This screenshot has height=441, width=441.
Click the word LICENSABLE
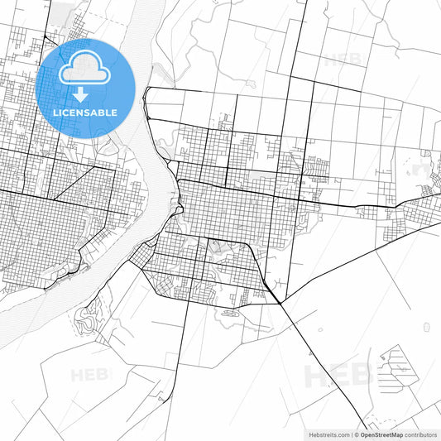(85, 113)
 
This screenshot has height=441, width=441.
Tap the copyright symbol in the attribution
(357, 434)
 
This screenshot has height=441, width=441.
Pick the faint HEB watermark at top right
(343, 60)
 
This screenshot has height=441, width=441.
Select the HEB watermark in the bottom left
(89, 375)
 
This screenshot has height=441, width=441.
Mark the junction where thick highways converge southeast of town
(280, 302)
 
